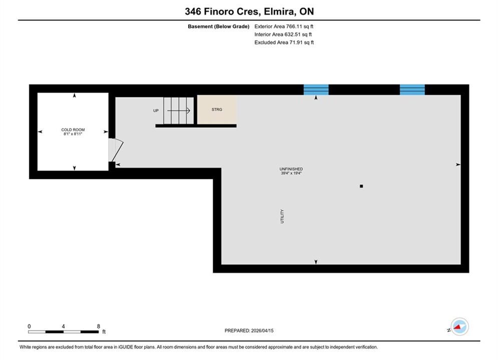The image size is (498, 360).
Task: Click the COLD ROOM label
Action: tap(73, 129)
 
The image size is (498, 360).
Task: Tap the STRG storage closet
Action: tap(217, 109)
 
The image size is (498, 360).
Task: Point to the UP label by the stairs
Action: tap(156, 110)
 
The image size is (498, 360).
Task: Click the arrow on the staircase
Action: tap(179, 110)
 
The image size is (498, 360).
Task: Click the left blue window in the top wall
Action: tap(316, 90)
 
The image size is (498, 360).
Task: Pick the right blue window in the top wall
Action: tap(412, 90)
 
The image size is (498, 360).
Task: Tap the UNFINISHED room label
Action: tap(291, 169)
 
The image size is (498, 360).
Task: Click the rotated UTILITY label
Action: tap(282, 216)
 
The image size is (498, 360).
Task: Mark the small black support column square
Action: tap(361, 186)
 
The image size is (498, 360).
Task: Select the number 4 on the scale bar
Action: tap(63, 326)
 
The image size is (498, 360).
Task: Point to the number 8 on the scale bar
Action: tap(99, 326)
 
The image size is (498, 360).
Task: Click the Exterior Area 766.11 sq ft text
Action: tap(284, 26)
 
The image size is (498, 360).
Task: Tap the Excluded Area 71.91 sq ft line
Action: tap(284, 42)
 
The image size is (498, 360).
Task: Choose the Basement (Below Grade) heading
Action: tap(219, 26)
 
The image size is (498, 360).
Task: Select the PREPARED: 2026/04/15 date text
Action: tap(249, 330)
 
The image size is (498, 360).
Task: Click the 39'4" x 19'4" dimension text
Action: tap(291, 173)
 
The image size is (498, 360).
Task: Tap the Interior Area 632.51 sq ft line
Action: tap(283, 34)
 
